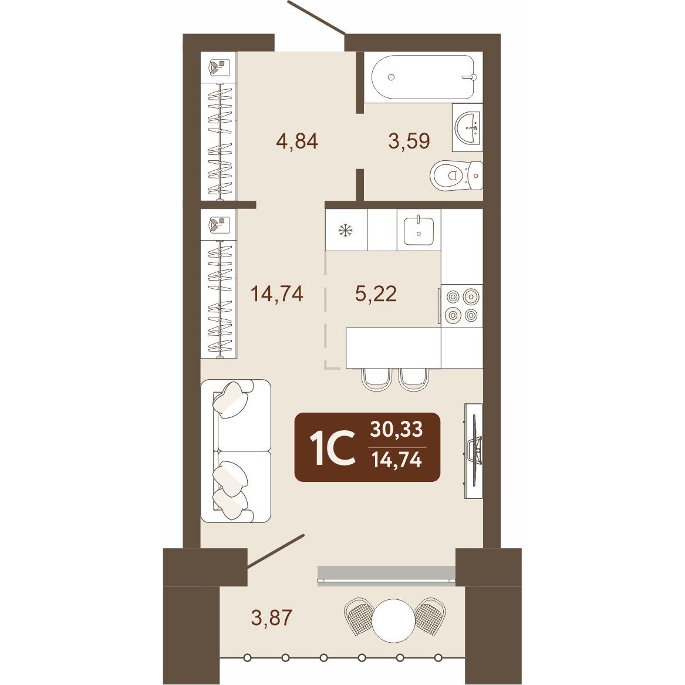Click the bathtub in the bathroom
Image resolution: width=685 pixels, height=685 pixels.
coord(423,77)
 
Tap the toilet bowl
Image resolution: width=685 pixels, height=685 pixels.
coord(456,175)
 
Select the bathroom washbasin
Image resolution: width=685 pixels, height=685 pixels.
coord(467,127)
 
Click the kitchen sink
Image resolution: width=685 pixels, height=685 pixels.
coord(419,230)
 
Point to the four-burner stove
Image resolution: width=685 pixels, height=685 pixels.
coord(462,305)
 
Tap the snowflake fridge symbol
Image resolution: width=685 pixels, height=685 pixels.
coord(346,230)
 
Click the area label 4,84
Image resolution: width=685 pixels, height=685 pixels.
coord(296,141)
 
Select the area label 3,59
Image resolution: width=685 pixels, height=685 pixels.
coord(409,141)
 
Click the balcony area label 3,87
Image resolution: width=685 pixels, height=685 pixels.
coord(271,617)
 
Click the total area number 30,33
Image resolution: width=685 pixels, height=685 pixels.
coord(397,429)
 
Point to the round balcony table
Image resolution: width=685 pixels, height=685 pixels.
coord(393,620)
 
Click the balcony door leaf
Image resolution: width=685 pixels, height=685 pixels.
coord(275,551)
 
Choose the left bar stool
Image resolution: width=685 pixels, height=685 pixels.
coord(376,379)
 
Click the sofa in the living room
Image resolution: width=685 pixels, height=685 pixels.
coord(235,451)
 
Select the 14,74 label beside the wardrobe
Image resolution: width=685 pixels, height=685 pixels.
coord(277,293)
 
